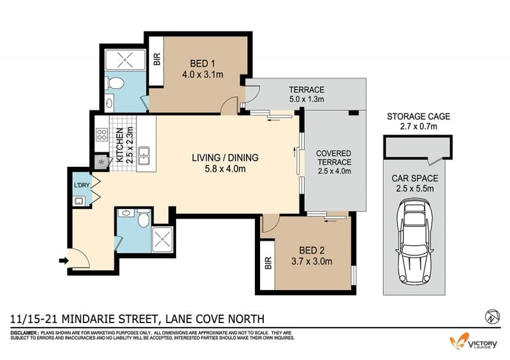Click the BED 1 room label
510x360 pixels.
pyautogui.click(x=202, y=64)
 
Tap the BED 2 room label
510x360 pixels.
pyautogui.click(x=312, y=250)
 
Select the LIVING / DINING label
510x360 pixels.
pyautogui.click(x=225, y=158)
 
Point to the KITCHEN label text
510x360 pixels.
pyautogui.click(x=120, y=145)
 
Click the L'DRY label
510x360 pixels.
pyautogui.click(x=82, y=185)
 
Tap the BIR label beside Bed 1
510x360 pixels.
pyautogui.click(x=157, y=59)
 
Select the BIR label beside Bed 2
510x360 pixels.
pyautogui.click(x=268, y=263)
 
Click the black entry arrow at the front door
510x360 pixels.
pyautogui.click(x=64, y=260)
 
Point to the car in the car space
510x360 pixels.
pyautogui.click(x=414, y=241)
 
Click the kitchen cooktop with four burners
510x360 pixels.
pyautogui.click(x=102, y=134)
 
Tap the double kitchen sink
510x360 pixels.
pyautogui.click(x=143, y=155)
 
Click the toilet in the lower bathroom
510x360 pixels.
pyautogui.click(x=143, y=218)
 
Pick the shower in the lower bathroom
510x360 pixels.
pyautogui.click(x=162, y=240)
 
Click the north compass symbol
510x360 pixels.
pyautogui.click(x=492, y=317)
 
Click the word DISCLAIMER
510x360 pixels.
pyautogui.click(x=24, y=333)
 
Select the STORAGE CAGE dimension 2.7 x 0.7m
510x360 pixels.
pyautogui.click(x=418, y=127)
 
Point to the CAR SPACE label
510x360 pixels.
pyautogui.click(x=415, y=178)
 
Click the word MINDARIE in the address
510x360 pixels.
pyautogui.click(x=88, y=319)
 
